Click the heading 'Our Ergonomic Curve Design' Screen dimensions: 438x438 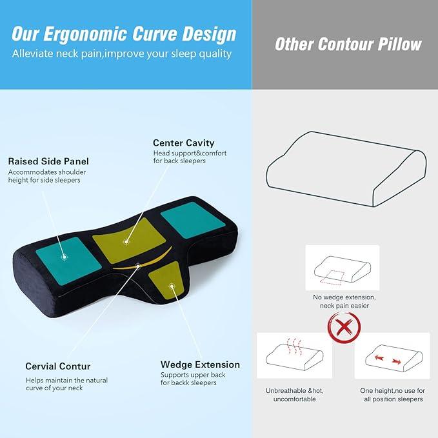(124, 34)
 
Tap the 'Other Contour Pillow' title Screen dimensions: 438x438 (348, 44)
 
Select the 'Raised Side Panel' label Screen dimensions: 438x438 (48, 161)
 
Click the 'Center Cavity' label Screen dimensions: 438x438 (183, 143)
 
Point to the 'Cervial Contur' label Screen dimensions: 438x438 (58, 366)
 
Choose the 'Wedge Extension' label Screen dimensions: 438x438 (200, 364)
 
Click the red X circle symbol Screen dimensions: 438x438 (344, 326)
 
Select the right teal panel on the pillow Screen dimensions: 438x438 (192, 220)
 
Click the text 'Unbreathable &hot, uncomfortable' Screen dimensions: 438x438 (294, 395)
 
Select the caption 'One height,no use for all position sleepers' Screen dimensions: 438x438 (392, 395)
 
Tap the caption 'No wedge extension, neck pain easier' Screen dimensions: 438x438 (344, 301)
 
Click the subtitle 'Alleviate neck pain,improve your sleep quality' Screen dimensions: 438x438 (121, 54)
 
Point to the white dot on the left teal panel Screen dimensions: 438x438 (65, 256)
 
